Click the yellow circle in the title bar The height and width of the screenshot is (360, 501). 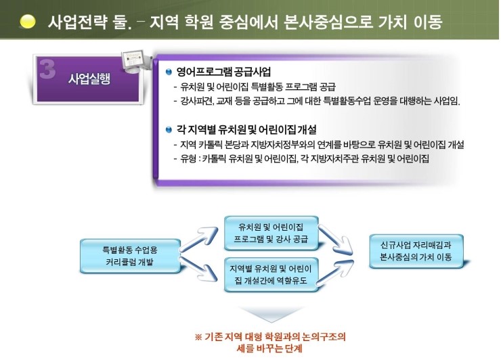[28, 22]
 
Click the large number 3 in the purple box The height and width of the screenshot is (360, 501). [47, 68]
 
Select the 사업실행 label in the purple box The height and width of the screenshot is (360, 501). [89, 78]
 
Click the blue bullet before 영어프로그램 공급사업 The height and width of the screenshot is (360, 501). [169, 72]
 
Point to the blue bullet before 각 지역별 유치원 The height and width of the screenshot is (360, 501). [169, 130]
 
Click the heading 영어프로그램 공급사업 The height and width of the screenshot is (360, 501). [223, 72]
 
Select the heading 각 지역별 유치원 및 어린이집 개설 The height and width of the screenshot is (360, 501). [246, 129]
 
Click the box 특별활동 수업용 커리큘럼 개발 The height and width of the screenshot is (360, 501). [130, 256]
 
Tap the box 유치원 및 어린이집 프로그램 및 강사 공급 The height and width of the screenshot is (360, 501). [271, 233]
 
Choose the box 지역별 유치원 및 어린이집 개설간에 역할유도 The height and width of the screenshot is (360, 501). [271, 274]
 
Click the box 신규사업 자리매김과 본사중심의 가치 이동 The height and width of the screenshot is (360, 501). [416, 251]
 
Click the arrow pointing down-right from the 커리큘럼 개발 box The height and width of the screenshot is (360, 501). [199, 269]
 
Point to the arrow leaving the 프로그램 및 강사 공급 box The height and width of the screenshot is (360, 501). [336, 240]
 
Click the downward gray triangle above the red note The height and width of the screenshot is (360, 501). [271, 314]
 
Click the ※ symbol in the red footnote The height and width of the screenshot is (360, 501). [198, 337]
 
